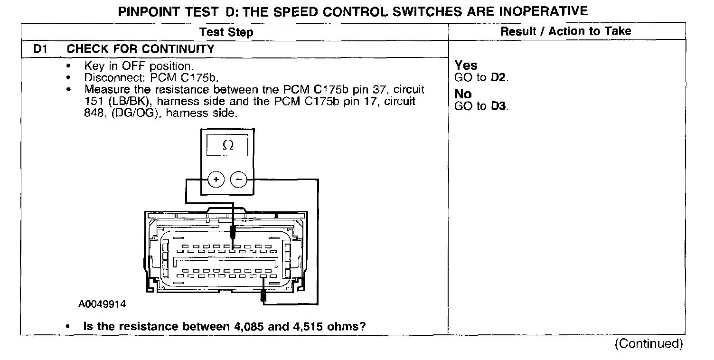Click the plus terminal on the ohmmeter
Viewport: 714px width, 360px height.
click(x=216, y=180)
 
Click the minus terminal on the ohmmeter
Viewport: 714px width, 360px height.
click(x=238, y=180)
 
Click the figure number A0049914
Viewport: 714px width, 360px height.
click(x=103, y=304)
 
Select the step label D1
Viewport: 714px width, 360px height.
click(x=40, y=49)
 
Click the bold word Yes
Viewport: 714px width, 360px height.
click(x=466, y=65)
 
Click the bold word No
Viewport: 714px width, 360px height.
click(x=463, y=94)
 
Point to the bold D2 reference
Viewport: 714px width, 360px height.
click(x=498, y=77)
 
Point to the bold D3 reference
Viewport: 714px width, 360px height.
click(x=498, y=106)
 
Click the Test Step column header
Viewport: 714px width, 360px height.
click(x=226, y=32)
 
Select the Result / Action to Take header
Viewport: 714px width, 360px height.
click(x=566, y=31)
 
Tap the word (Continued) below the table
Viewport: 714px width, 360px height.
click(x=648, y=344)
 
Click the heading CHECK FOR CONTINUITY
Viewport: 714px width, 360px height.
click(x=141, y=49)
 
